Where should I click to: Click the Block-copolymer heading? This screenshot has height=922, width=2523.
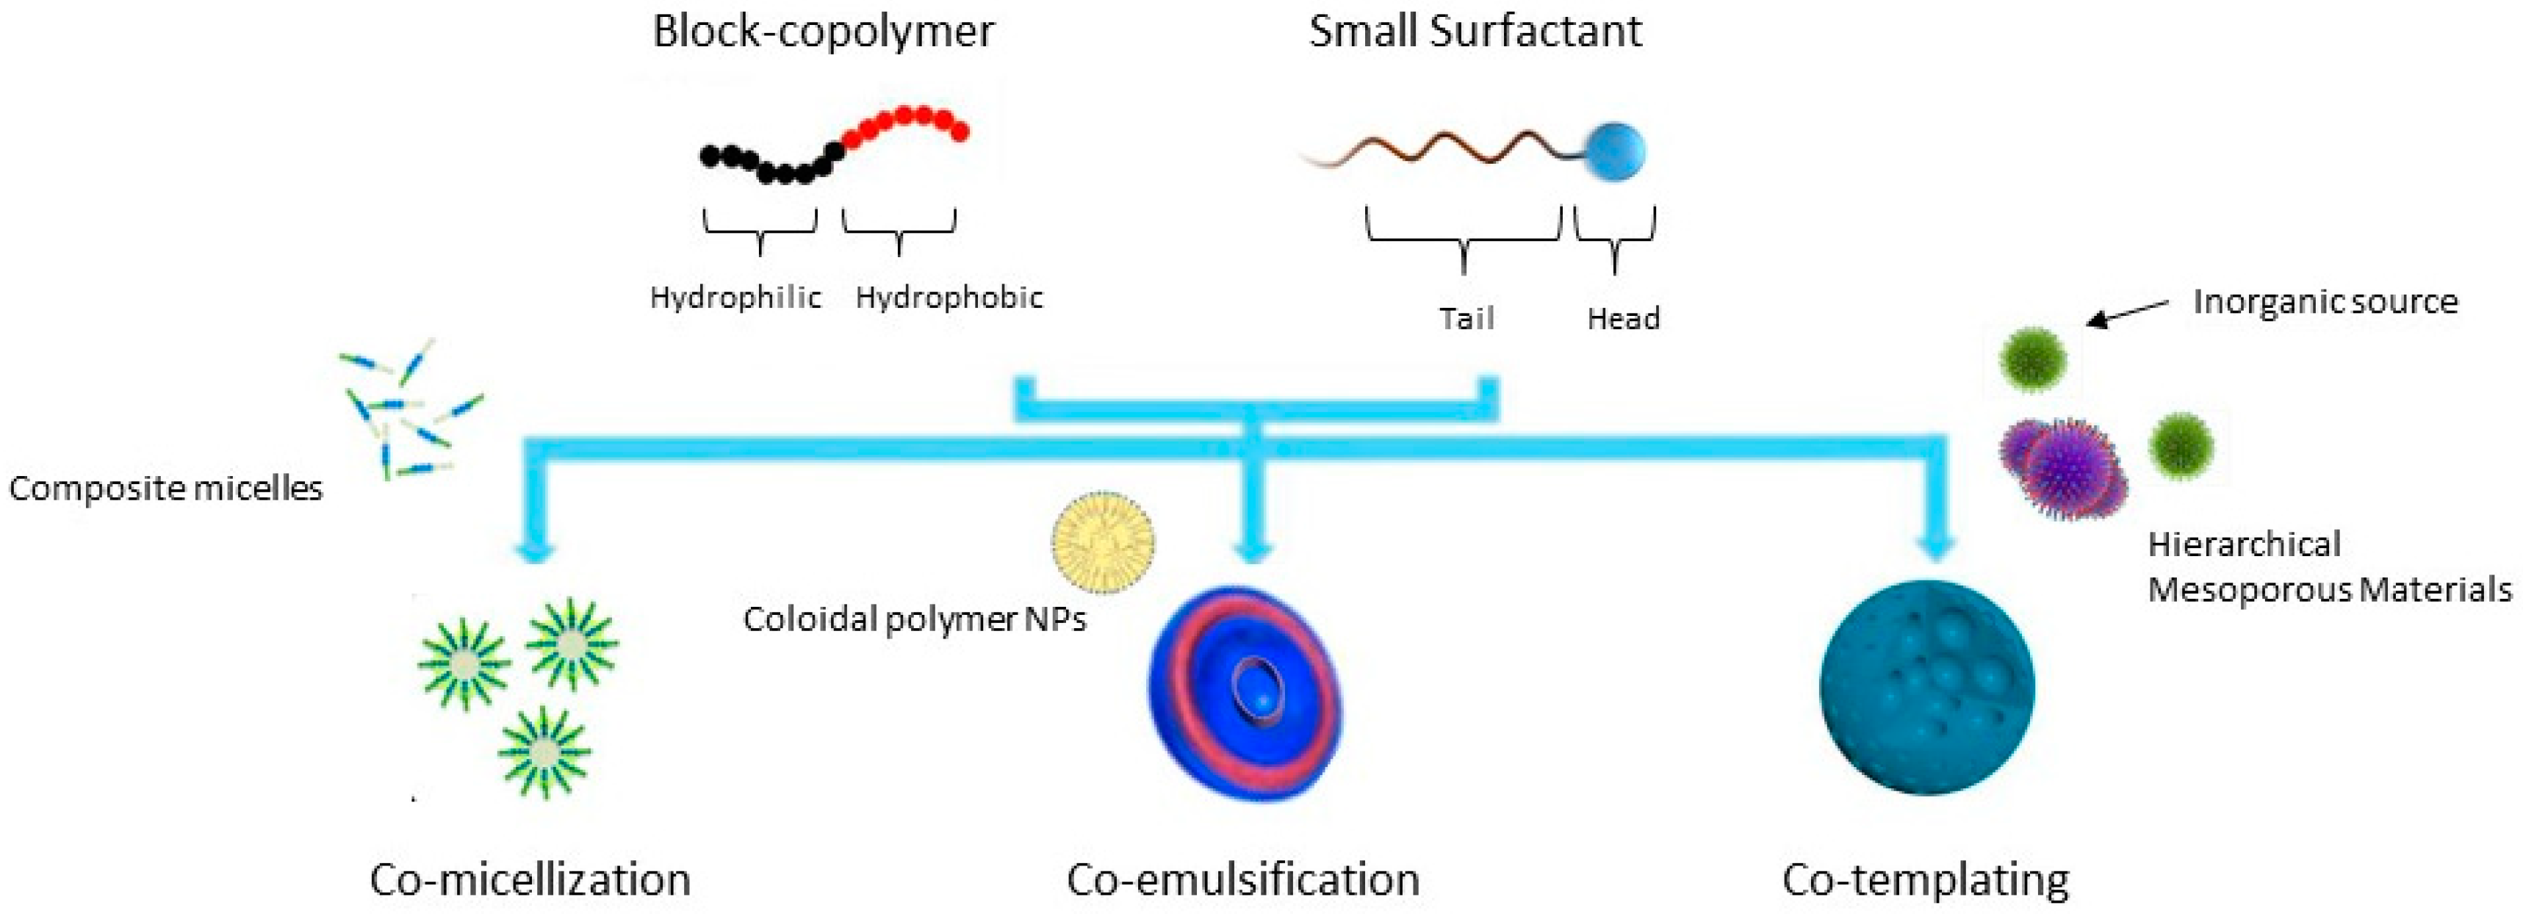(x=823, y=32)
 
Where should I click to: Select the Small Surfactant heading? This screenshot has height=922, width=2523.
(x=1475, y=32)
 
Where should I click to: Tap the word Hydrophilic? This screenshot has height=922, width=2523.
(x=735, y=297)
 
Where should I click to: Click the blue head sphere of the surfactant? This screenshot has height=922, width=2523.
(x=1614, y=152)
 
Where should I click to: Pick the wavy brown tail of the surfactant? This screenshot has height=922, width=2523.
(x=1440, y=152)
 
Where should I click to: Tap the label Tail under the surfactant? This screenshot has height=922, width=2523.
(x=1466, y=318)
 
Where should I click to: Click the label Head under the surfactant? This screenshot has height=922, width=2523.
(x=1623, y=318)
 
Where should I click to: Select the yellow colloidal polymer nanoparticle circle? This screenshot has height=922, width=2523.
(x=1103, y=542)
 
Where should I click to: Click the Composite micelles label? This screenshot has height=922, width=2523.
(x=165, y=488)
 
